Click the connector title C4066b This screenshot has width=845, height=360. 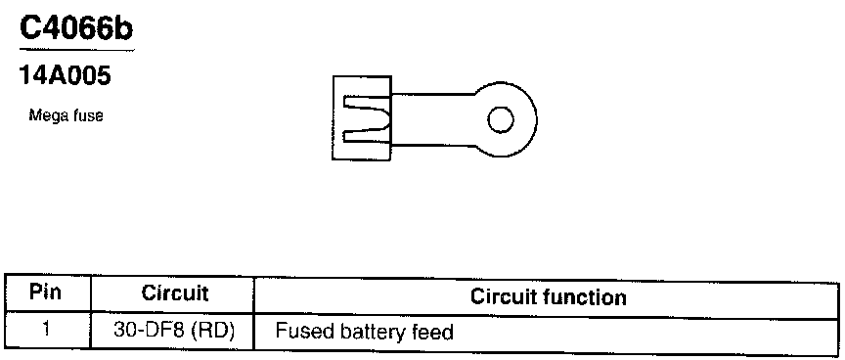click(x=76, y=28)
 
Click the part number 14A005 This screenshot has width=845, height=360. click(x=65, y=75)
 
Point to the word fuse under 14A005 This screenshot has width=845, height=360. click(x=87, y=115)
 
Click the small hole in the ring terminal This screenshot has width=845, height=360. click(x=501, y=119)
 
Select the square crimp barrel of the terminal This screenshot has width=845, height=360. click(x=362, y=118)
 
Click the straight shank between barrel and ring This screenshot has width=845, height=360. click(x=434, y=119)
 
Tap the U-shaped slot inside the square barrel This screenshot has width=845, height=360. click(x=367, y=119)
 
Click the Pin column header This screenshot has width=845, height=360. click(x=46, y=293)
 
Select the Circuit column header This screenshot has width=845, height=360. click(x=175, y=293)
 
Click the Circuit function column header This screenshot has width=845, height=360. click(x=548, y=297)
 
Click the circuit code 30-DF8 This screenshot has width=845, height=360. click(x=150, y=331)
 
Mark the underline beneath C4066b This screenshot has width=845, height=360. click(x=76, y=50)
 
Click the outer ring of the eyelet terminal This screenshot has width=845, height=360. click(x=535, y=119)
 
